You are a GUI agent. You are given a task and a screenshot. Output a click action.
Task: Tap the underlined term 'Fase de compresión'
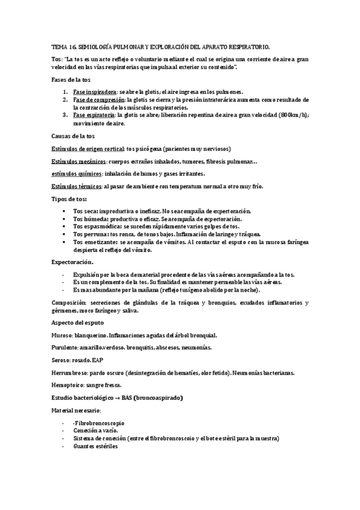(99, 99)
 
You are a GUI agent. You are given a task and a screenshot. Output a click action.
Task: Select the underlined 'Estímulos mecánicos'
(79, 161)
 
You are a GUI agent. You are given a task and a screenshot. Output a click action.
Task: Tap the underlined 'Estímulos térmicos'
(76, 186)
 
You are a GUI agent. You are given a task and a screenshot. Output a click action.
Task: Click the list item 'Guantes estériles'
(95, 447)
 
